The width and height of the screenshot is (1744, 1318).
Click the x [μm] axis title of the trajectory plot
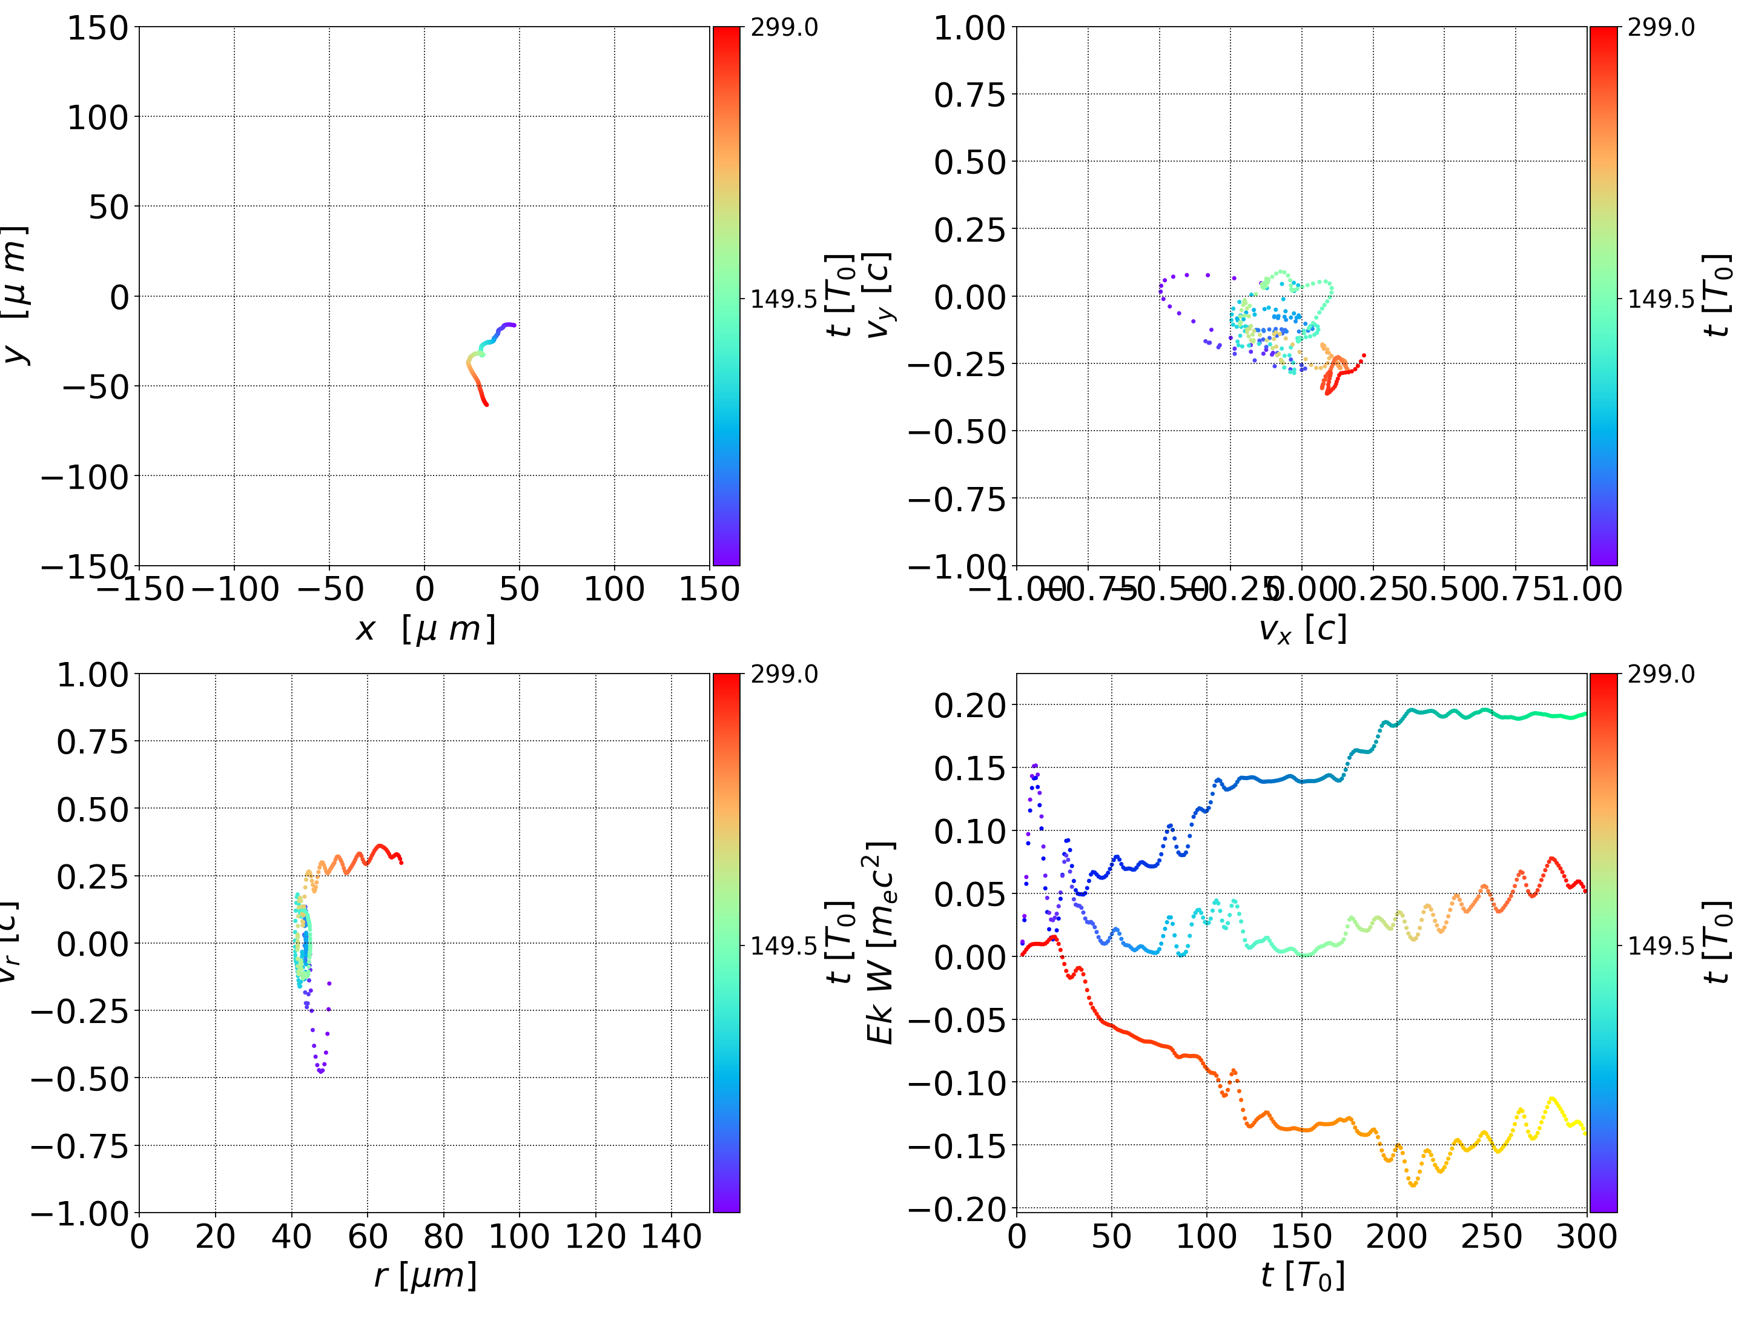tap(425, 629)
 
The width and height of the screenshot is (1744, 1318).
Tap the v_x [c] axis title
tap(1302, 629)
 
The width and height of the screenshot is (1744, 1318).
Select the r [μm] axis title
tap(425, 1276)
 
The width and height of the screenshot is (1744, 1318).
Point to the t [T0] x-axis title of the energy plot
tap(1302, 1276)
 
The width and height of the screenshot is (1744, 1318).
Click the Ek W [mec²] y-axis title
tap(880, 942)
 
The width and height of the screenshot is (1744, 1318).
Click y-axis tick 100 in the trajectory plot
tap(97, 118)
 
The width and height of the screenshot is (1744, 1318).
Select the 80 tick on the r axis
tap(443, 1236)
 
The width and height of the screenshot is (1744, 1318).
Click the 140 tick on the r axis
tap(671, 1236)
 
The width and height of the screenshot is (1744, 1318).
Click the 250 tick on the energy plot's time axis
tap(1491, 1236)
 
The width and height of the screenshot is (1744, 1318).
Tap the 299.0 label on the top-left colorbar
tap(784, 28)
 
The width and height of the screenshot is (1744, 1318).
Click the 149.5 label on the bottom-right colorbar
tap(1660, 945)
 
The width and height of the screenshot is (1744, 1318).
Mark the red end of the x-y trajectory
tap(486, 405)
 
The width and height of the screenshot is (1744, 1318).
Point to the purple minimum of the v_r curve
tap(321, 1071)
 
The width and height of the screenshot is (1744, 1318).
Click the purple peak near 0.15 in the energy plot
tap(1034, 765)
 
